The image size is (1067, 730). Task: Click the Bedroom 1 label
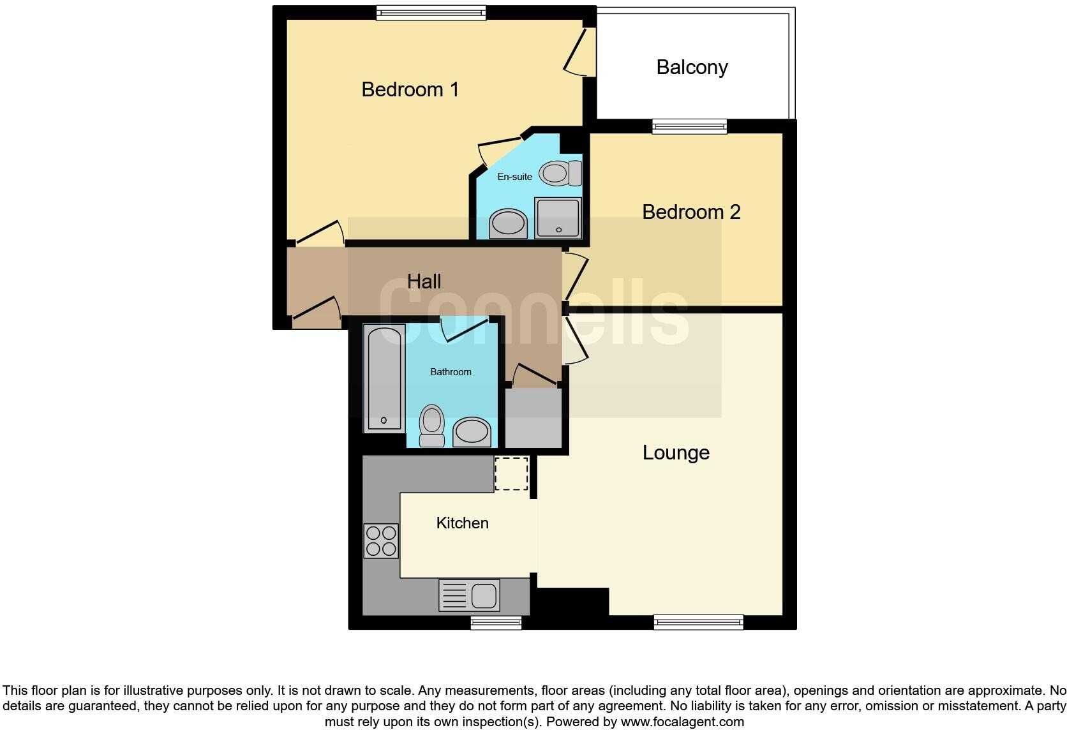coord(410,89)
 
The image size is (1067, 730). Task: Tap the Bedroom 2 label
coord(691,212)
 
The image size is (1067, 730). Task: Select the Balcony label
coord(692,67)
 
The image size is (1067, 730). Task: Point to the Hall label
coord(424,281)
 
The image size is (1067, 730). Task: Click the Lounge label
coord(676,452)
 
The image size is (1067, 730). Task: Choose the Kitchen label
coord(462,523)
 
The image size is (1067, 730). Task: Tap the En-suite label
coord(514,177)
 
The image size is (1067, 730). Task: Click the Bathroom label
coord(451,372)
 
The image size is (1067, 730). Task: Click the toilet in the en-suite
coord(560,173)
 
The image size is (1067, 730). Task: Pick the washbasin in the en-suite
coord(508,223)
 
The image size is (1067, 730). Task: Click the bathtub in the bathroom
coord(384,378)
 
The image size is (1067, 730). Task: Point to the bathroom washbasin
coord(472,432)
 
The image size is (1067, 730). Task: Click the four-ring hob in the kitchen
coord(381,540)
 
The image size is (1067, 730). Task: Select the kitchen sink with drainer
coord(469,596)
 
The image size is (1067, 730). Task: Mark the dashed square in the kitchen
coord(511,473)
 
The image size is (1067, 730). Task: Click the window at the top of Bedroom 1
coord(431,12)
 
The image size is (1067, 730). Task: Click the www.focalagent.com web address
coord(682,722)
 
